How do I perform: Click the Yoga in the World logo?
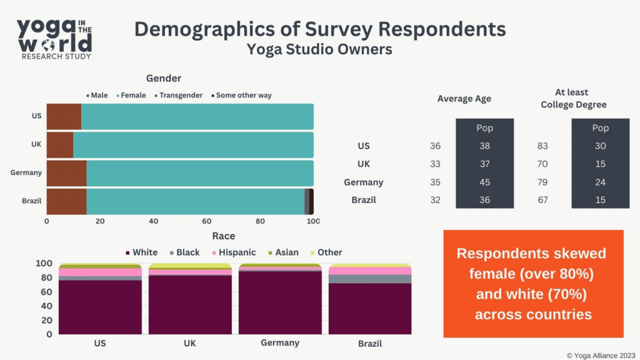[x=54, y=38]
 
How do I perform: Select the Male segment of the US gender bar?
[x=64, y=117]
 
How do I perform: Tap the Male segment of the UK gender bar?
[x=60, y=144]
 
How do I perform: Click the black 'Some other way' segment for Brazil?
[x=311, y=202]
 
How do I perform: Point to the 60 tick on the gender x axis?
[x=207, y=221]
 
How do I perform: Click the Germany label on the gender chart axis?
[x=26, y=172]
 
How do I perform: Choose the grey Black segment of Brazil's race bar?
[x=370, y=279]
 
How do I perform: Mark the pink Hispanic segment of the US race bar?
[x=100, y=272]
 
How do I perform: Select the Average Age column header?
[x=464, y=99]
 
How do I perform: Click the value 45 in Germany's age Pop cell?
[x=484, y=182]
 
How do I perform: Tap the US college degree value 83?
[x=542, y=146]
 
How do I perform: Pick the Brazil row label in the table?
[x=363, y=201]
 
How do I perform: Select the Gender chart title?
[x=164, y=79]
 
